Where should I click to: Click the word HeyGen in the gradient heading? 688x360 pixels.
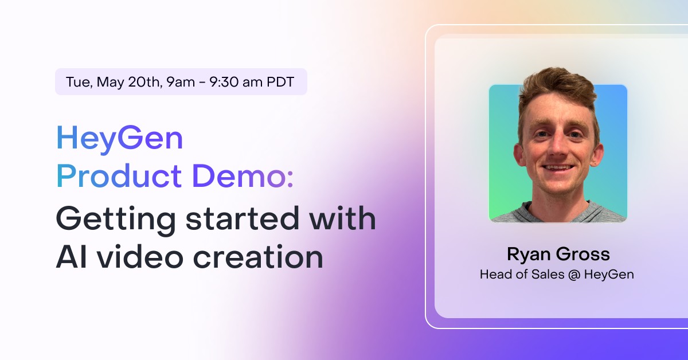(x=119, y=139)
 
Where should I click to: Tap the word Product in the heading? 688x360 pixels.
(x=119, y=176)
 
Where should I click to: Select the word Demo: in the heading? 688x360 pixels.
(x=243, y=176)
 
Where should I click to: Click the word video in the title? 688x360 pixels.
(x=140, y=256)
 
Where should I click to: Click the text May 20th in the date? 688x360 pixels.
(x=130, y=82)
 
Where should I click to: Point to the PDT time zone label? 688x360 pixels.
(x=280, y=82)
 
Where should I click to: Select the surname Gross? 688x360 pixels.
(x=583, y=254)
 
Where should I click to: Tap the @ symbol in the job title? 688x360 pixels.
(x=574, y=275)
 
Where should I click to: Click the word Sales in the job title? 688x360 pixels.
(x=548, y=274)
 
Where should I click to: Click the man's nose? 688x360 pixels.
(x=557, y=147)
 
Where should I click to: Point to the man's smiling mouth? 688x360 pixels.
(x=558, y=169)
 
